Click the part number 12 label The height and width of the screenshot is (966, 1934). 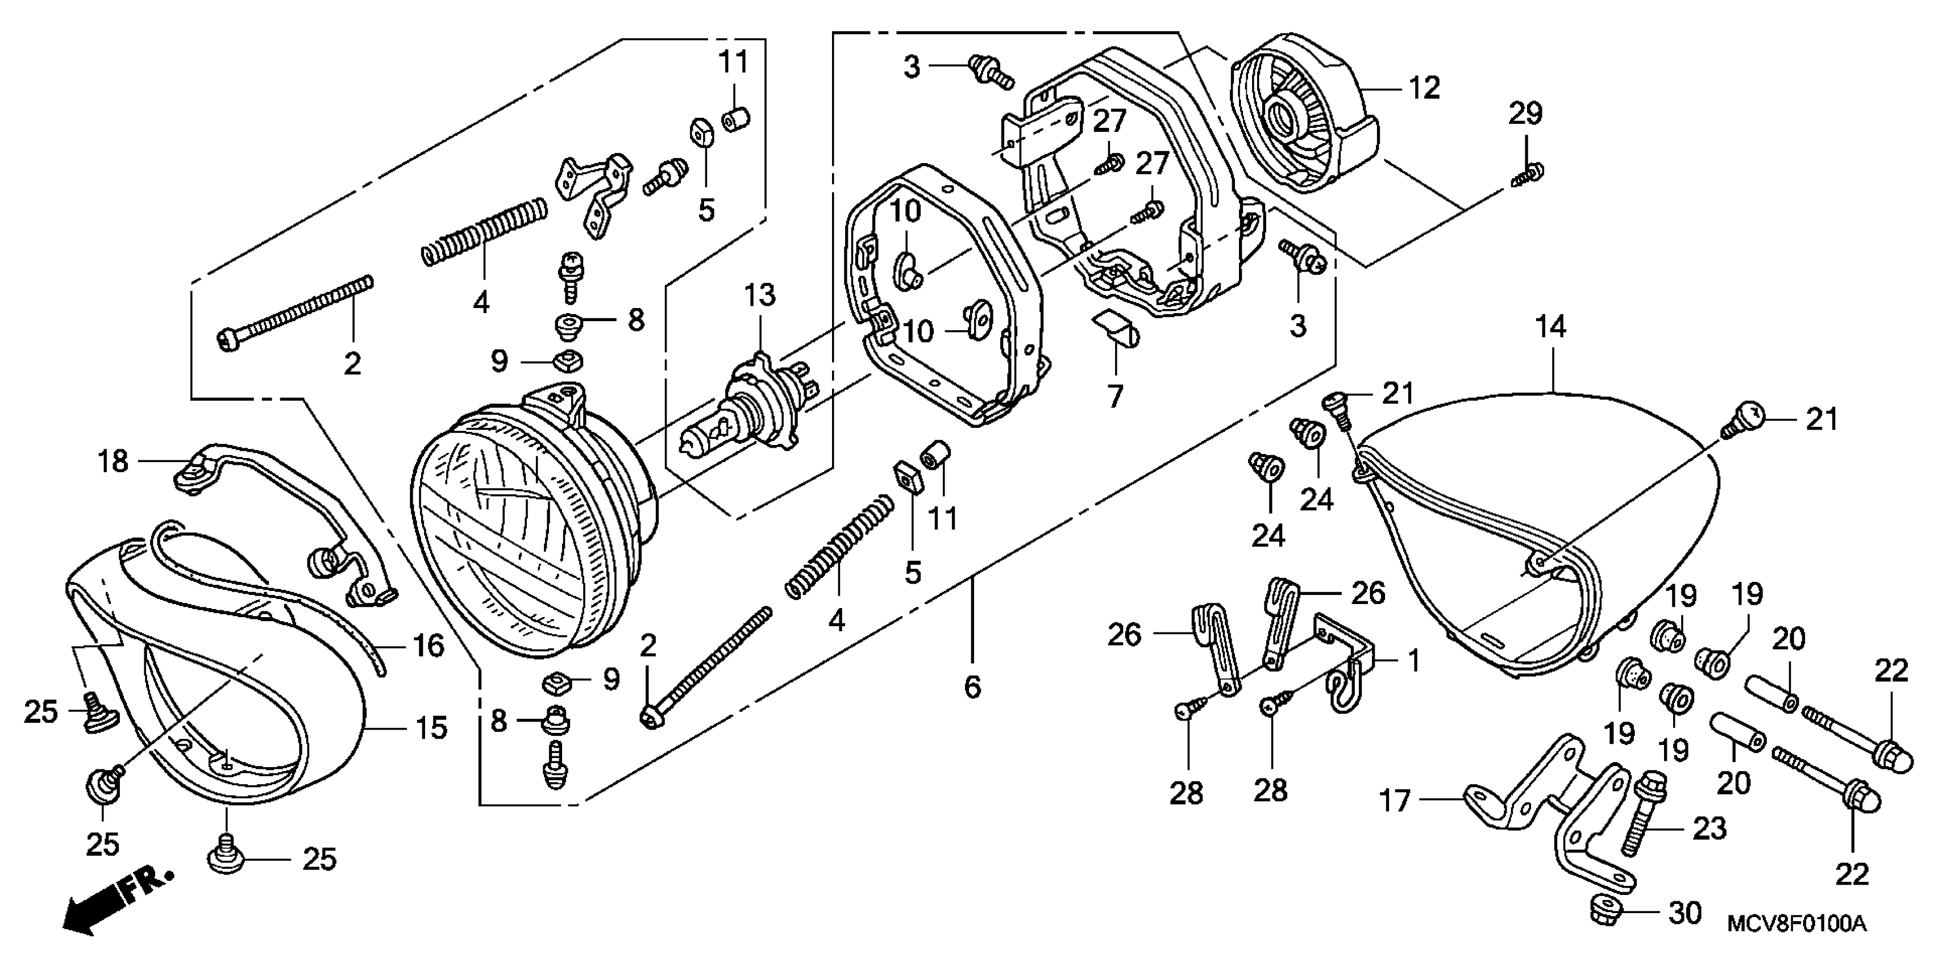(x=1424, y=89)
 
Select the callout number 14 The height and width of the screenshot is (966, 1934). (x=1550, y=327)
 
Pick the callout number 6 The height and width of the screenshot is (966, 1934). (x=972, y=686)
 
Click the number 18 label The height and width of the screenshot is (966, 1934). (x=113, y=461)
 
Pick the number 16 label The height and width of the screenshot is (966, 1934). (x=429, y=646)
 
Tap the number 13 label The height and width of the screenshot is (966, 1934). (x=760, y=295)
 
